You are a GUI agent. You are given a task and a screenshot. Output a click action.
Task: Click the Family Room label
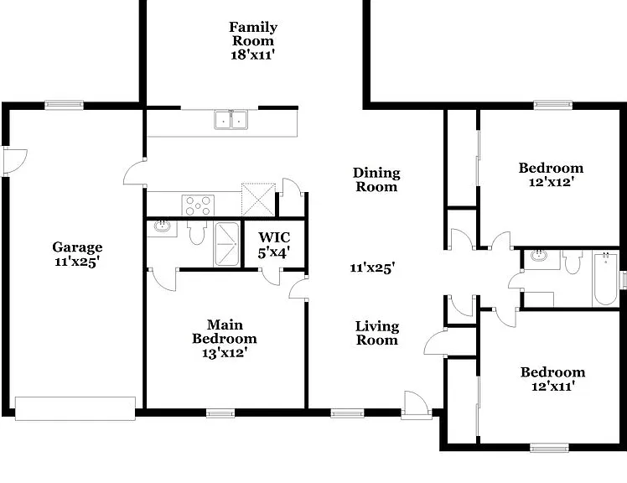pos(253,34)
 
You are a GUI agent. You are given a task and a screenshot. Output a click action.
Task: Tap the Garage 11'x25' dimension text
pos(77,262)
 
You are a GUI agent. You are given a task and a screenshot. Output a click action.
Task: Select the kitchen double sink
pos(231,120)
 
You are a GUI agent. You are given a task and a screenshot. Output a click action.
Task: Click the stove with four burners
pos(198,205)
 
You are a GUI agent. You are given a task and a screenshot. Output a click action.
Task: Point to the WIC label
pos(274,237)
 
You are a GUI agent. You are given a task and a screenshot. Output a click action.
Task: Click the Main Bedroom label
pos(225,331)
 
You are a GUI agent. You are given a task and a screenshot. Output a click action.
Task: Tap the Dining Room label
pos(376,179)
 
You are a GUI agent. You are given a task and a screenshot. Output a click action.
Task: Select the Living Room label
pos(377,333)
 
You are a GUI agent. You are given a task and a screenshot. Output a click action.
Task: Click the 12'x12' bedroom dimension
pos(552,182)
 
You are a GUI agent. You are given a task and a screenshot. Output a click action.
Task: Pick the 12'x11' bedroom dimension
pos(553,387)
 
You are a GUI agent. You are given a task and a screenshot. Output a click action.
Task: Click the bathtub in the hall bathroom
pos(605,278)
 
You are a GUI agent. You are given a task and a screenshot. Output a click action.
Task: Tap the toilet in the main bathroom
pos(197,232)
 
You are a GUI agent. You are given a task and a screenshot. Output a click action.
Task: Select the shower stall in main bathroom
pos(226,244)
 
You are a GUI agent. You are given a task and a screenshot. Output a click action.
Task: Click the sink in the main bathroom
pos(163,227)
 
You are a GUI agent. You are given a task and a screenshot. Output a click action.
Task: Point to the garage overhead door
pos(75,408)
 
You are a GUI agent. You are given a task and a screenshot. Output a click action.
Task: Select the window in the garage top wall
pos(64,106)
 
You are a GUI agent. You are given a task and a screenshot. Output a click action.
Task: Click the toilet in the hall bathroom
pos(573,262)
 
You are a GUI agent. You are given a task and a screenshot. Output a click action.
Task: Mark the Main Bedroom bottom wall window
pos(220,413)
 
